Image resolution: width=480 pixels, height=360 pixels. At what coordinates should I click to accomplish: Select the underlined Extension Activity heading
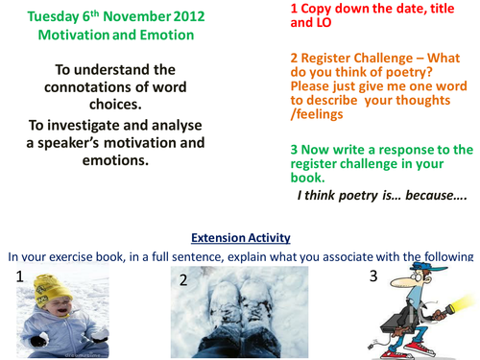tap(239, 236)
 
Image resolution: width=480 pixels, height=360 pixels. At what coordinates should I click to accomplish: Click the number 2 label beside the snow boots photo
tap(182, 280)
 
